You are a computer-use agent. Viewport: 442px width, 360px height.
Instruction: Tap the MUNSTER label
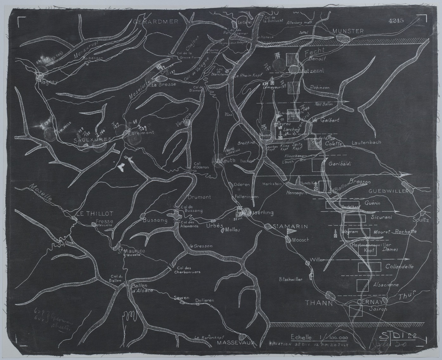348,31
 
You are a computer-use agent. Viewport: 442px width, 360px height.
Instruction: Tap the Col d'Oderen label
202,165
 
